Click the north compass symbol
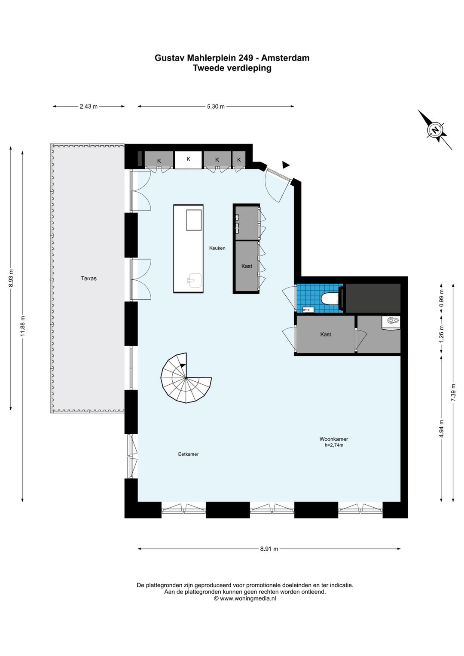click(435, 130)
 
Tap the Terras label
click(89, 279)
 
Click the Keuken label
click(217, 248)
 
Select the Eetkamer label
click(188, 454)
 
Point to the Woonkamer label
click(334, 439)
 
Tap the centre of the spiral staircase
click(186, 378)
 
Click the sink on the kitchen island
click(194, 280)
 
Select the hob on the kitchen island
click(194, 220)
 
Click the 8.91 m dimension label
click(269, 549)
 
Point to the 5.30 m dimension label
click(216, 107)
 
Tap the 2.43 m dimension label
click(89, 107)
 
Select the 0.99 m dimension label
click(442, 298)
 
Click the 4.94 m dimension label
click(442, 429)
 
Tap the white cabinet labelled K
click(189, 160)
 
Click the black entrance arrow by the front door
click(285, 165)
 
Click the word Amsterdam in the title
click(285, 58)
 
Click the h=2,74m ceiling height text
click(334, 445)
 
